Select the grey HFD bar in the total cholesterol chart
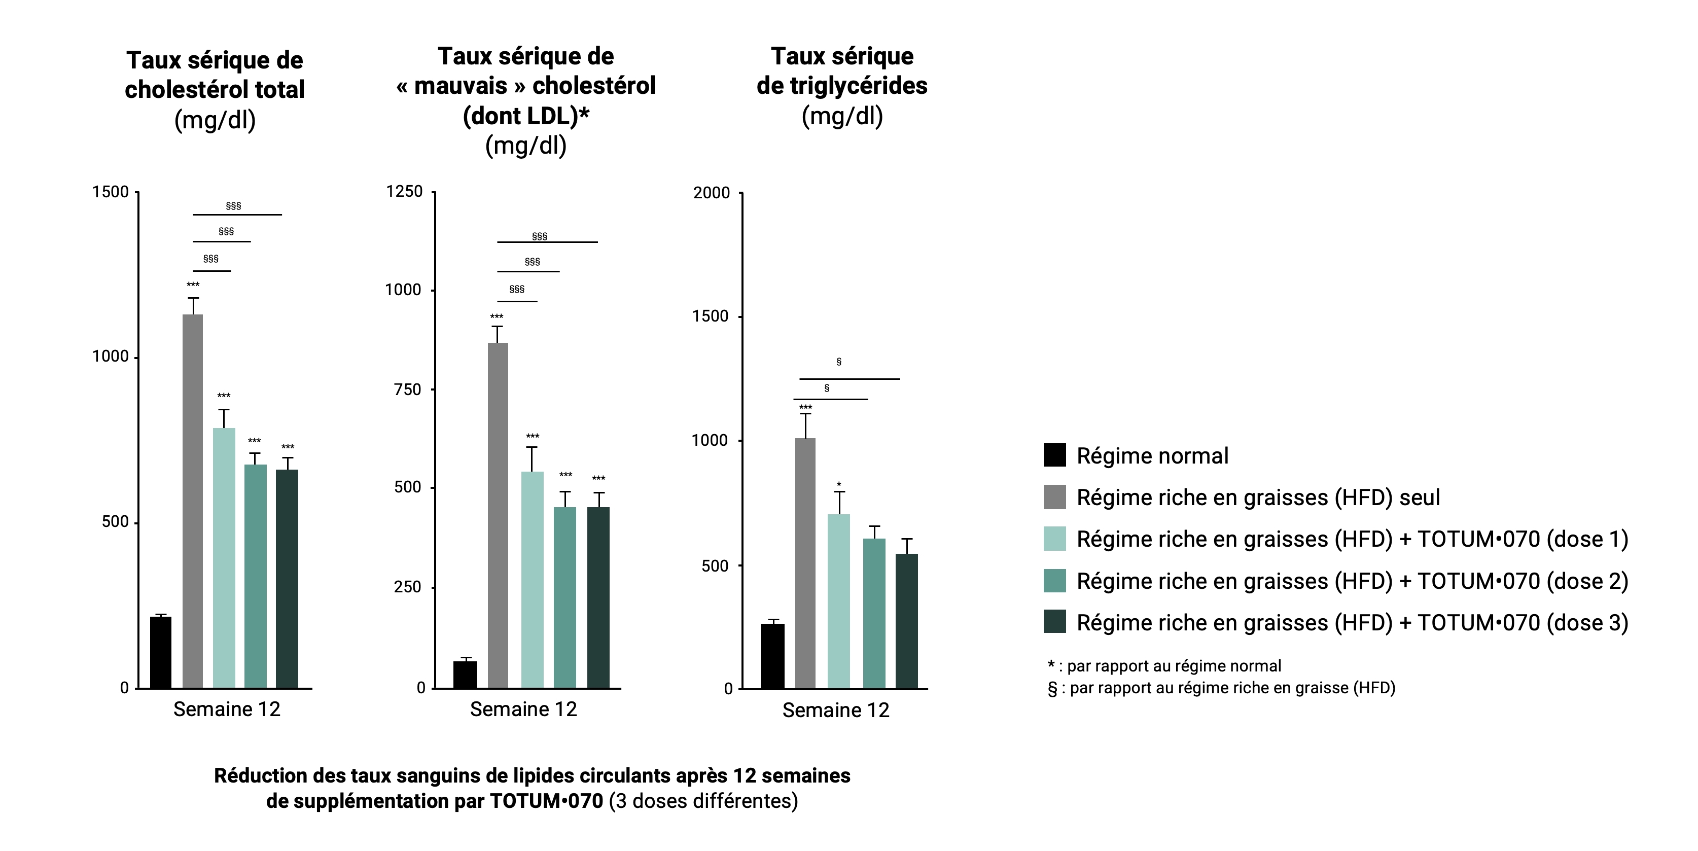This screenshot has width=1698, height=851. tap(193, 501)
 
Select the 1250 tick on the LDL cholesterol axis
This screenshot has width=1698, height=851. tap(404, 192)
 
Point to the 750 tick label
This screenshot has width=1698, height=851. tap(407, 389)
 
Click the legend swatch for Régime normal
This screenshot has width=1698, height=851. tap(1055, 455)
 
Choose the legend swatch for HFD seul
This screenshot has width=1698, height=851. tap(1055, 497)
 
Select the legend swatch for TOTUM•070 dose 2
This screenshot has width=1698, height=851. tap(1055, 581)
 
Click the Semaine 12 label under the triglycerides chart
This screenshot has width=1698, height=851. tap(835, 710)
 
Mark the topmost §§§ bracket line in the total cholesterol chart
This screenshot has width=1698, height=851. tap(237, 214)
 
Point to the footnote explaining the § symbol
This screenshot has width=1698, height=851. tap(1221, 688)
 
